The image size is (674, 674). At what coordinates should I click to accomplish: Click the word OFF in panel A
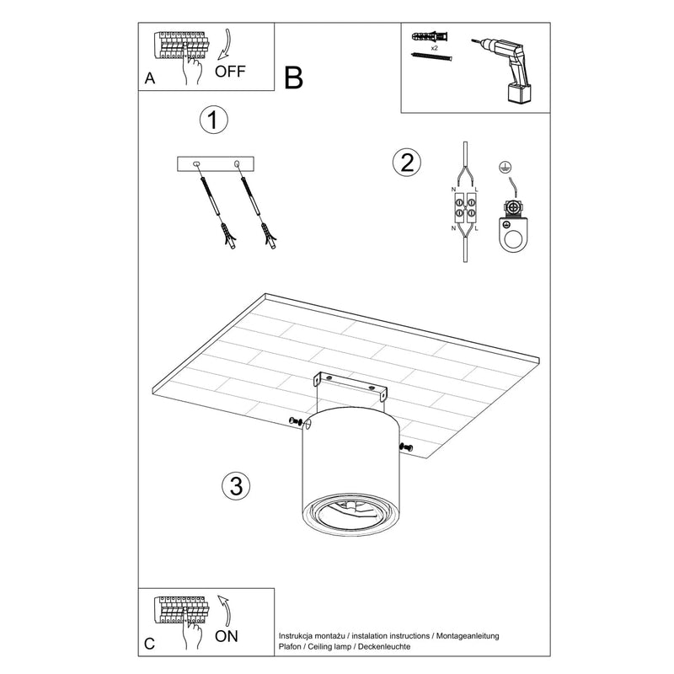tap(230, 71)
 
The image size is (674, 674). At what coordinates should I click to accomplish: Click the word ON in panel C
tap(226, 637)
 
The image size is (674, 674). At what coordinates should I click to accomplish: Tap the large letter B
tap(293, 78)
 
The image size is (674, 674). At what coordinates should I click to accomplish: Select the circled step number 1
tap(213, 120)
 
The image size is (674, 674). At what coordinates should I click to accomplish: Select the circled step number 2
tap(406, 162)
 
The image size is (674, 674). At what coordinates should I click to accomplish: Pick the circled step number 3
tap(236, 485)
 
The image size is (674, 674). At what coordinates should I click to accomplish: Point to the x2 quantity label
tap(433, 48)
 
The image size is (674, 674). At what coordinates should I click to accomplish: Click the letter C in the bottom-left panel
tap(149, 645)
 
